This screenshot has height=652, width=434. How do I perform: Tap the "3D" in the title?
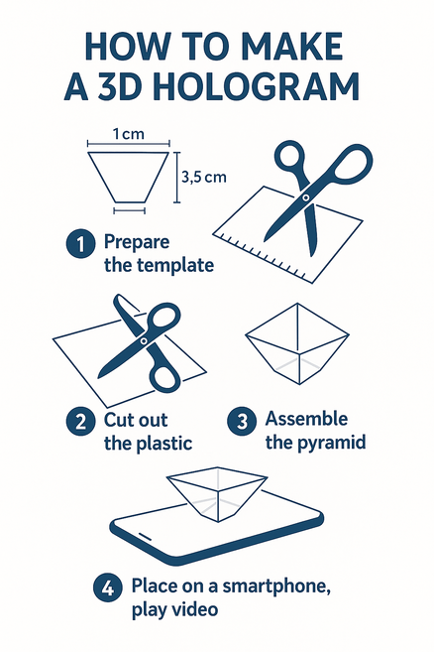(x=119, y=87)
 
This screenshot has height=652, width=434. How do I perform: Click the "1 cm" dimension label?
(x=129, y=134)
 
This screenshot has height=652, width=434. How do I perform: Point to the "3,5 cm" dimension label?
(x=204, y=177)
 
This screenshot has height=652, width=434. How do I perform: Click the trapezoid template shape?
(x=129, y=177)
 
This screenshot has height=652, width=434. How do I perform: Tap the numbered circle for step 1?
(x=80, y=244)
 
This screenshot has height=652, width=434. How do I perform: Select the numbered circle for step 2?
(x=80, y=422)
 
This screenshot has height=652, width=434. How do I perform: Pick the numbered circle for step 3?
(x=242, y=421)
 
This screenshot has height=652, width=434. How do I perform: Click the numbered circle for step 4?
(x=108, y=587)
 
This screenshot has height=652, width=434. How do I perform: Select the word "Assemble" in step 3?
(x=306, y=419)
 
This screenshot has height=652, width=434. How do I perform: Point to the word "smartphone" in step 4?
(x=276, y=587)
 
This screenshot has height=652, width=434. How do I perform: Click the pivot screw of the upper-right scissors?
(x=306, y=197)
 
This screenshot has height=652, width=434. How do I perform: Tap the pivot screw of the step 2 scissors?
(x=144, y=341)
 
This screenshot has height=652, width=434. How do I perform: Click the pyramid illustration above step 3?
(x=297, y=343)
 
